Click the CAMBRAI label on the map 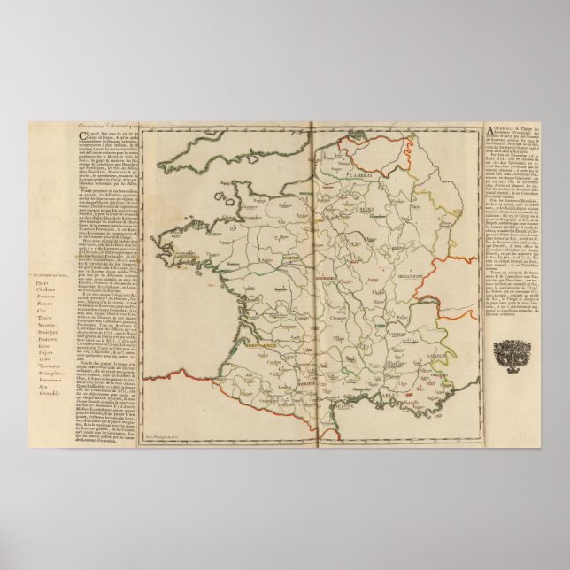[337, 175]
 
